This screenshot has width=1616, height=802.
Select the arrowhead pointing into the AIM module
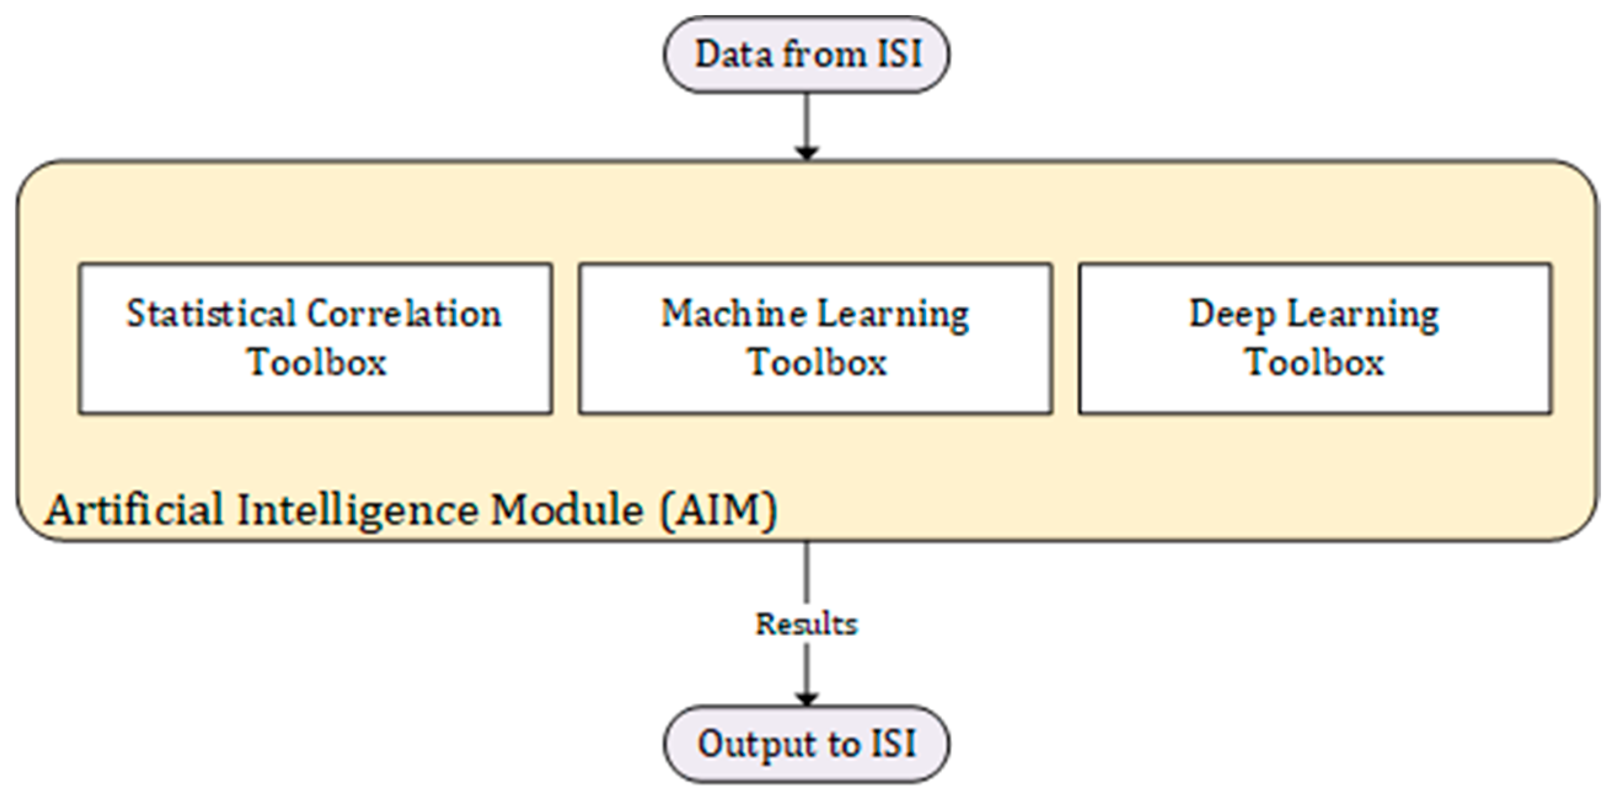[x=807, y=152]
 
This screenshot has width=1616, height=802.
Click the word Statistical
[x=211, y=314]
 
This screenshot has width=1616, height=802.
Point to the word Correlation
[x=404, y=314]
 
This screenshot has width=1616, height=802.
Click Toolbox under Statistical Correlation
[x=316, y=362]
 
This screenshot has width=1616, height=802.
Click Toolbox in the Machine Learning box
[x=817, y=362]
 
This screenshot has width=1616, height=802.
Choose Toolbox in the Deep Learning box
[x=1314, y=362]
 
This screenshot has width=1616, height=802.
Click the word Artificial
[x=133, y=509]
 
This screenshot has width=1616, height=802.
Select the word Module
[x=567, y=509]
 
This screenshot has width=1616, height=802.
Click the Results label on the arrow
[x=806, y=624]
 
